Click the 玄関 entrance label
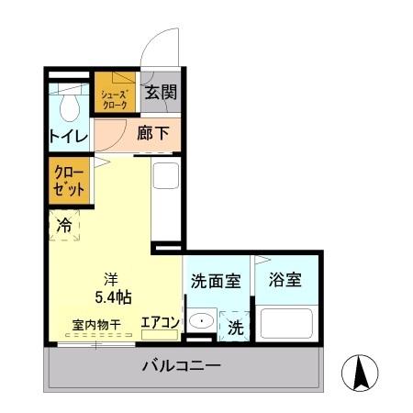[x=162, y=93]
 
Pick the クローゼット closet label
[x=71, y=180]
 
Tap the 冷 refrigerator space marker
[x=64, y=224]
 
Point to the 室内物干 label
[x=96, y=324]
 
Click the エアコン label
[x=159, y=322]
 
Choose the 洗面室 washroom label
[x=216, y=280]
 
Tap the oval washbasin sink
[x=200, y=322]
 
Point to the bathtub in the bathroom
[x=287, y=325]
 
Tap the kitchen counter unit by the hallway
[x=166, y=199]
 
